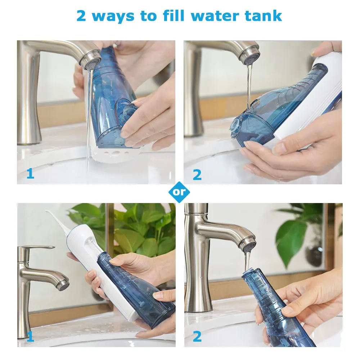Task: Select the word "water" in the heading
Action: click(x=215, y=16)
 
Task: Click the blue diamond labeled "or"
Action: click(x=179, y=192)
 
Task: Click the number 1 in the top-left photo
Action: click(x=30, y=174)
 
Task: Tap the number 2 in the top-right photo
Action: click(x=197, y=175)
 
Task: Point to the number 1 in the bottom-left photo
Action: click(x=30, y=337)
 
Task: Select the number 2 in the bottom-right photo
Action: click(x=197, y=337)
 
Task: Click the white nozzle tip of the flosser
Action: click(x=47, y=211)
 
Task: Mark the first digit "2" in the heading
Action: click(x=81, y=16)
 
